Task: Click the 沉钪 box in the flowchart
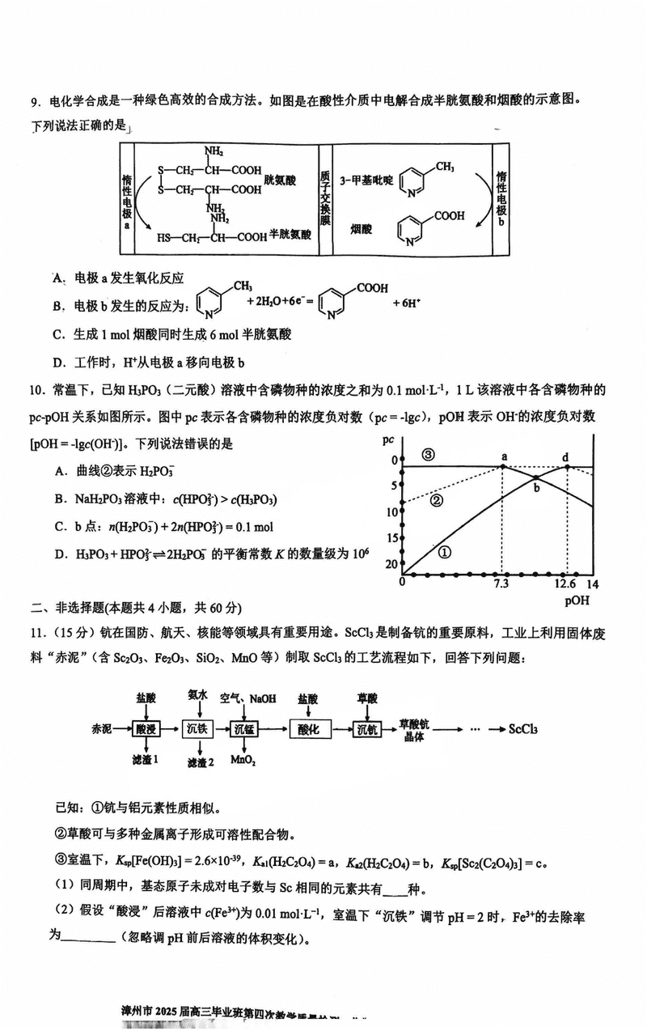click(368, 729)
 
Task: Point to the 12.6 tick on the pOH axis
click(565, 584)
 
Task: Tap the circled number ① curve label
click(443, 552)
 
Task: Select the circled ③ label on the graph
click(428, 455)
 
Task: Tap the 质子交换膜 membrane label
click(325, 198)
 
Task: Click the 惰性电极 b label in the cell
click(502, 200)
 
